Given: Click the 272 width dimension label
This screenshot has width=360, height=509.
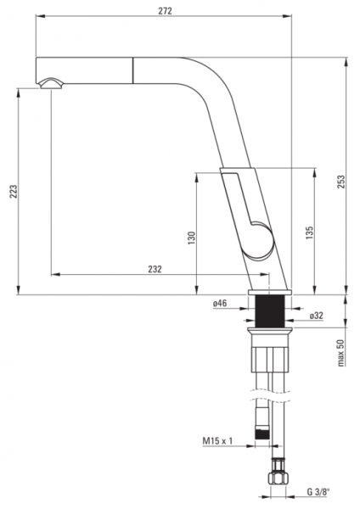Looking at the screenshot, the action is coord(165,11).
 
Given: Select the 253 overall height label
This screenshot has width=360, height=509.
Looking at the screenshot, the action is coord(340,182).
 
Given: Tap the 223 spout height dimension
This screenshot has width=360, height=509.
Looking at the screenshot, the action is coord(13,192).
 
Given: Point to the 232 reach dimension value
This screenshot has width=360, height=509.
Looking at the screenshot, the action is coord(155,269).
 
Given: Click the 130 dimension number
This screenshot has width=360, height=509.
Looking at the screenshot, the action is coord(192,238).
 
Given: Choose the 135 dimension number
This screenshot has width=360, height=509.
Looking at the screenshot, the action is coord(309,233).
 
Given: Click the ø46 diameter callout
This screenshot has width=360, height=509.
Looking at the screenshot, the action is coord(220,304).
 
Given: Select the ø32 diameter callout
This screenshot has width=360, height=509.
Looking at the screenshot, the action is coord(317,316).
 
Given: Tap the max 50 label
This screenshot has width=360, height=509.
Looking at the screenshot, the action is coord(340,353).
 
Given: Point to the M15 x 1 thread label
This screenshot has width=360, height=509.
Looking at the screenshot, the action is coord(217,440).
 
